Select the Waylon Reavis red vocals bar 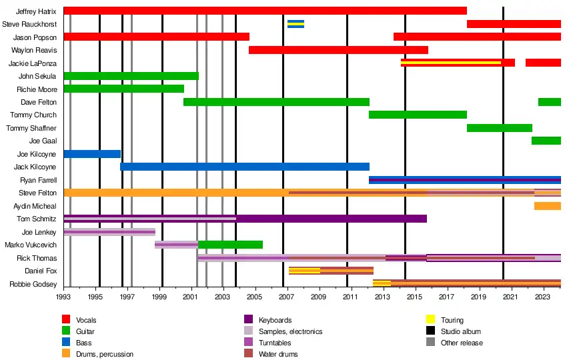338,50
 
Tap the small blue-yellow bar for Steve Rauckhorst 296,24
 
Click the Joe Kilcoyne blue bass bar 92,154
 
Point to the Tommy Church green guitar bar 418,115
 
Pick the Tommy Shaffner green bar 500,128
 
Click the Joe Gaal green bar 546,141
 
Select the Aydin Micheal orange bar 547,206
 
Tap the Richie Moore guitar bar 123,89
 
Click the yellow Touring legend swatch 431,320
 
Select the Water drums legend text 278,354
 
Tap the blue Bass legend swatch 67,343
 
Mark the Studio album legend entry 461,331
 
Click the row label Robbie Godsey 33,284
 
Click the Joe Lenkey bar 109,232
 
